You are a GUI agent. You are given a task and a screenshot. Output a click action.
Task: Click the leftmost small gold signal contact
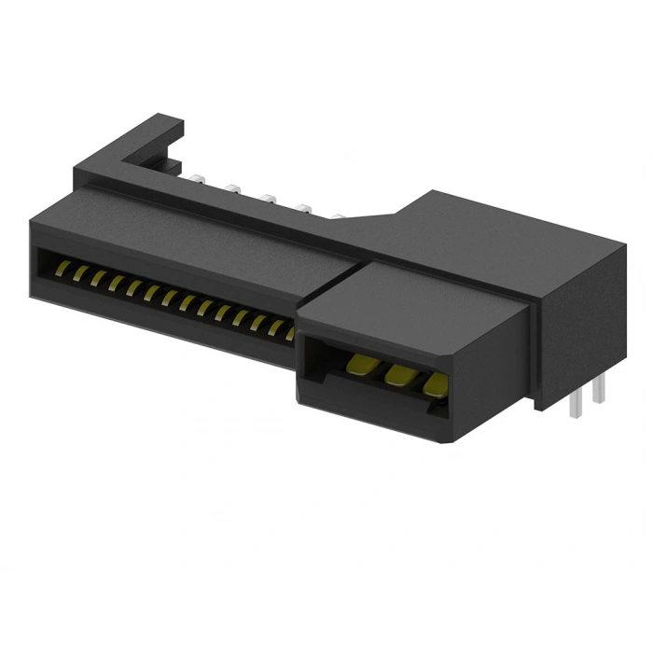tap(63, 269)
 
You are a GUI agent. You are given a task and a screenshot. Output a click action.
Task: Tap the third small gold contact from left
tap(97, 278)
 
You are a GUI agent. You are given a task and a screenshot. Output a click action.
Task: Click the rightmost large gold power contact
tap(434, 382)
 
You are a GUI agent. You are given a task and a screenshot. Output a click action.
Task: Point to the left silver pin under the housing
tap(577, 401)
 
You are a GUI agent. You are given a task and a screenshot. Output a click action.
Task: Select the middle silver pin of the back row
tap(269, 198)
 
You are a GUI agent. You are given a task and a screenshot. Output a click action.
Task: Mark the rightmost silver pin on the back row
tap(336, 217)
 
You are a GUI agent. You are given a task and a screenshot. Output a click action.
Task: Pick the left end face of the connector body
tap(33, 257)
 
